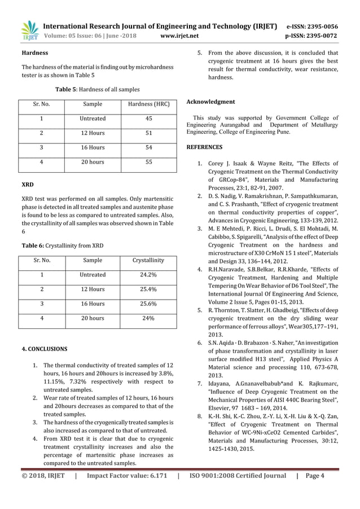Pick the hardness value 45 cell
click(x=149, y=119)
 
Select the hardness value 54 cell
click(x=149, y=148)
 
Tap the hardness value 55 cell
click(x=149, y=163)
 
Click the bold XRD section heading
click(x=27, y=184)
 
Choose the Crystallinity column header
click(x=148, y=261)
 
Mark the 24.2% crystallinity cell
click(x=148, y=275)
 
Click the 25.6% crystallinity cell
click(x=148, y=304)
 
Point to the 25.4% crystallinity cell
click(x=148, y=289)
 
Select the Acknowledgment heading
click(x=210, y=102)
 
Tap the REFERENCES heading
click(x=204, y=147)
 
